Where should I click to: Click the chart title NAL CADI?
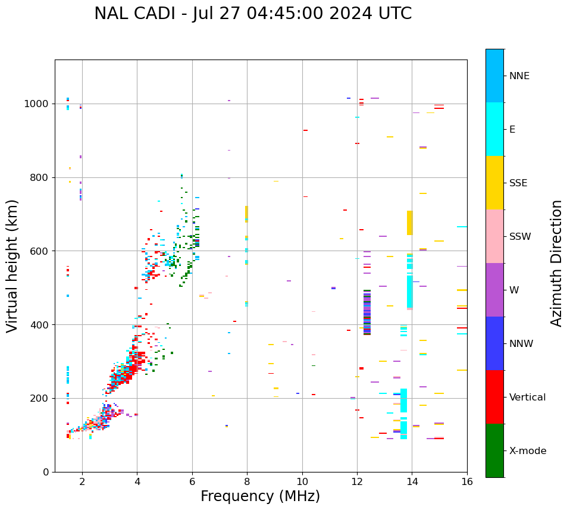click(252, 14)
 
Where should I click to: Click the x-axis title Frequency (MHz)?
click(260, 496)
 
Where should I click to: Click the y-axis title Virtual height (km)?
click(12, 265)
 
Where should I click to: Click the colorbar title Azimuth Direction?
click(556, 263)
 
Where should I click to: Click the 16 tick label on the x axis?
click(466, 481)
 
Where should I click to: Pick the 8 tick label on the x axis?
click(247, 481)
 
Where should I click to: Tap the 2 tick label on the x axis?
click(82, 481)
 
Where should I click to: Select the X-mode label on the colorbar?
click(527, 451)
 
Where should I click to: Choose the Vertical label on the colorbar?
click(527, 398)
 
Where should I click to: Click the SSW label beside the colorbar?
click(520, 237)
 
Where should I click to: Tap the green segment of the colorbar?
click(494, 450)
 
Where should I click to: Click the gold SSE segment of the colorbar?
click(494, 183)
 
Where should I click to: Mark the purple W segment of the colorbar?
click(494, 290)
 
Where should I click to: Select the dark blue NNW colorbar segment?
click(494, 343)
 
